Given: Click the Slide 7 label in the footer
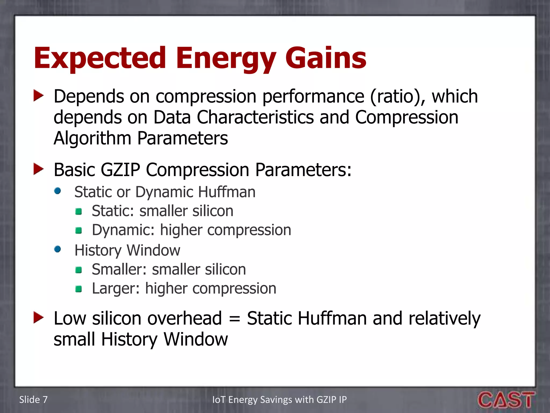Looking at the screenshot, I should pyautogui.click(x=33, y=400).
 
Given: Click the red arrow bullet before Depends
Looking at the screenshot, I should pyautogui.click(x=38, y=96).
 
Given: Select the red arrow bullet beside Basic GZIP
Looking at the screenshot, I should pyautogui.click(x=38, y=169).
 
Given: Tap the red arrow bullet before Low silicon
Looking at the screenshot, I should pyautogui.click(x=38, y=318).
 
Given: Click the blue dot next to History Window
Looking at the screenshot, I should pyautogui.click(x=57, y=249).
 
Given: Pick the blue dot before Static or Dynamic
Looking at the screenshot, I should pyautogui.click(x=57, y=191).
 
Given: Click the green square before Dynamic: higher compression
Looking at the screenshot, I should pyautogui.click(x=79, y=230).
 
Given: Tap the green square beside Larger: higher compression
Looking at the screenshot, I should pyautogui.click(x=79, y=289).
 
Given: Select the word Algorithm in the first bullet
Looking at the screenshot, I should pyautogui.click(x=92, y=138).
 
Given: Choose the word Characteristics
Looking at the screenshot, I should pyautogui.click(x=255, y=117).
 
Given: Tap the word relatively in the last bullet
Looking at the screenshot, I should pyautogui.click(x=444, y=319).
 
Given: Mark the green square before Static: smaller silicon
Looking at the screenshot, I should pyautogui.click(x=79, y=212).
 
